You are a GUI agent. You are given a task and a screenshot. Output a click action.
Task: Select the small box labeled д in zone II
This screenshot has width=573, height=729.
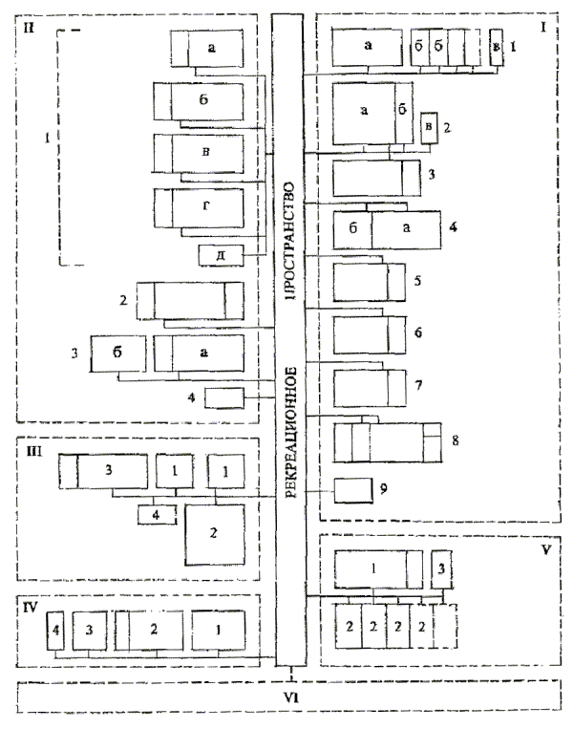221,255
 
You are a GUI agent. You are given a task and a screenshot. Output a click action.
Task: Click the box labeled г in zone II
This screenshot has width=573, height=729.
207,206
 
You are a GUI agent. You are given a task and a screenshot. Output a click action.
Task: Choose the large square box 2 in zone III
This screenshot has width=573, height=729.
215,536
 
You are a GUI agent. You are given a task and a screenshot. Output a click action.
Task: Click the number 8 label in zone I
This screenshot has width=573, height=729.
456,440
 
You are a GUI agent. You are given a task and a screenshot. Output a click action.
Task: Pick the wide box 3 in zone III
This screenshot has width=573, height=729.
112,471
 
